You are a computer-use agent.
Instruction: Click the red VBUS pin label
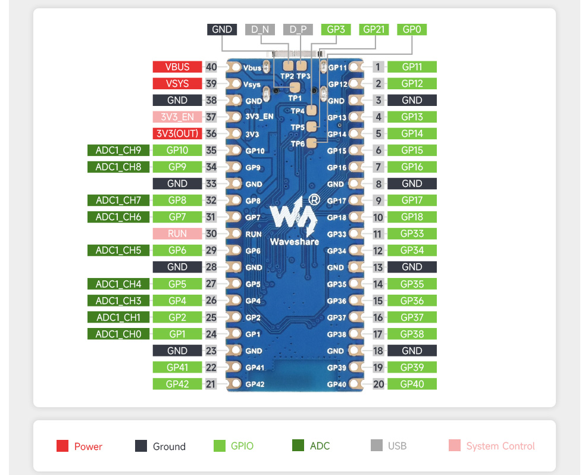pyautogui.click(x=177, y=67)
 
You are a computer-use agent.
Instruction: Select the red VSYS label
pyautogui.click(x=177, y=83)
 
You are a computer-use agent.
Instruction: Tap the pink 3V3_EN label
pyautogui.click(x=177, y=117)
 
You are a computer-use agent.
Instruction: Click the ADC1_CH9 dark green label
pyautogui.click(x=118, y=151)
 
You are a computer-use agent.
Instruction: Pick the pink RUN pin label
pyautogui.click(x=177, y=233)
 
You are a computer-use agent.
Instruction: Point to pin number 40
pyautogui.click(x=211, y=67)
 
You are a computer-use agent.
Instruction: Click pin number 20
pyautogui.click(x=378, y=384)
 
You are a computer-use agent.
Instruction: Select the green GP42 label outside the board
pyautogui.click(x=177, y=384)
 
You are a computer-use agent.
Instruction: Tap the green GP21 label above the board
pyautogui.click(x=374, y=30)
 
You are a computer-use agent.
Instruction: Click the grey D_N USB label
pyautogui.click(x=260, y=30)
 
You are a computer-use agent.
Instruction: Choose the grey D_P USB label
pyautogui.click(x=298, y=30)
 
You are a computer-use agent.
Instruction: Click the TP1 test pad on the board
pyautogui.click(x=295, y=87)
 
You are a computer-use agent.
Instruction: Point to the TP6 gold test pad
pyautogui.click(x=311, y=143)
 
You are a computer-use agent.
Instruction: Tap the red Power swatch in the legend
pyautogui.click(x=62, y=445)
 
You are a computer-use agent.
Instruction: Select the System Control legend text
pyautogui.click(x=500, y=446)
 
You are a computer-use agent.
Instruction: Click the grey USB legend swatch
pyautogui.click(x=377, y=445)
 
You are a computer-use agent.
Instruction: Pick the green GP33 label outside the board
pyautogui.click(x=412, y=233)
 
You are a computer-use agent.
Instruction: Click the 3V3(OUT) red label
pyautogui.click(x=177, y=133)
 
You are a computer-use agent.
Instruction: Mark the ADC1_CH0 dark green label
pyautogui.click(x=118, y=334)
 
